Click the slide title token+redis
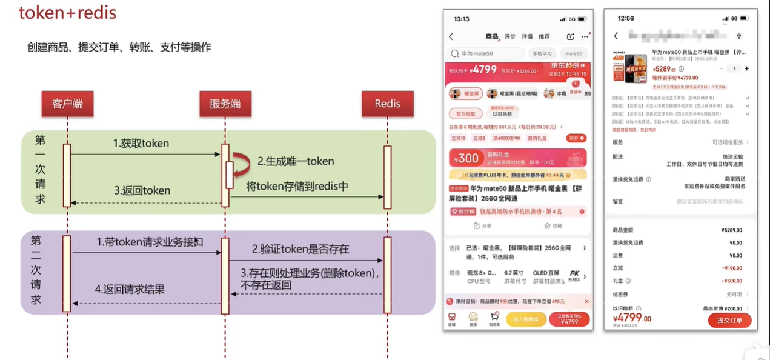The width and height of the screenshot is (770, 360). [67, 13]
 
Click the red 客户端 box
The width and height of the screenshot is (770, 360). [67, 104]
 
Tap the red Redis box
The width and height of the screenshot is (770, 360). [387, 104]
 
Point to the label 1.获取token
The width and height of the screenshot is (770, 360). [141, 144]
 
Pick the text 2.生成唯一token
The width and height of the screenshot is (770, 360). [296, 161]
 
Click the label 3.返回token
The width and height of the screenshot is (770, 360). [142, 190]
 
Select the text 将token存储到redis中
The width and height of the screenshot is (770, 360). [297, 186]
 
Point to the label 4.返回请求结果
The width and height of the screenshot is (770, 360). [130, 289]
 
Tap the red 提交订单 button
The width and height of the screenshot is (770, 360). [729, 320]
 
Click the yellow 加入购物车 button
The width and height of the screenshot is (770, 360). [526, 319]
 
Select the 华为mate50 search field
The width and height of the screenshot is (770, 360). [486, 53]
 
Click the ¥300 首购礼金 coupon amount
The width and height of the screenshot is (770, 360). [468, 159]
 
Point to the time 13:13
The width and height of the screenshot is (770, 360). [462, 19]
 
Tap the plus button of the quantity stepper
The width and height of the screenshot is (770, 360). [746, 68]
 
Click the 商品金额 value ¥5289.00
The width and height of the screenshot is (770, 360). [731, 230]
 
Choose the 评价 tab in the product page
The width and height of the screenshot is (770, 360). [510, 37]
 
